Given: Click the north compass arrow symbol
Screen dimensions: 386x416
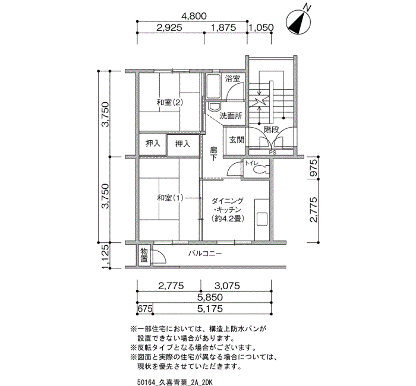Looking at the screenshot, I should click(300, 22).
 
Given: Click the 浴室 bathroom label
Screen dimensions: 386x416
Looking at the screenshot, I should click(232, 79).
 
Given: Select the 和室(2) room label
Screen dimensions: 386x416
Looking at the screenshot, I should click(169, 102).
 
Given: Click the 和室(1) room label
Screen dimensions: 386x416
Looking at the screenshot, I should click(169, 197).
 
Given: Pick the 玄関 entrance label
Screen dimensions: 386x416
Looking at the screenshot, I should click(237, 140).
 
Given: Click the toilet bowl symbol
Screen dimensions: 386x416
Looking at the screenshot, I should click(259, 169).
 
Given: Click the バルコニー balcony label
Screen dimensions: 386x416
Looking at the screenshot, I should click(205, 254).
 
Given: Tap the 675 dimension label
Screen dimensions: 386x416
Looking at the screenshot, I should click(145, 308).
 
